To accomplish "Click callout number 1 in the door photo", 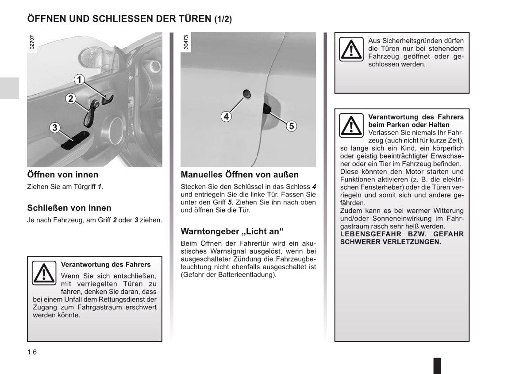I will [79, 80].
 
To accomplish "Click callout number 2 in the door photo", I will [70, 99].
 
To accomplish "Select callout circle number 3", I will [54, 128].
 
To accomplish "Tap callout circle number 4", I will [226, 116].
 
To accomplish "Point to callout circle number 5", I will [291, 126].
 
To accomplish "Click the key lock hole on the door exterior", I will [247, 93].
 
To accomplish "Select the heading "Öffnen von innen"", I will [63, 175].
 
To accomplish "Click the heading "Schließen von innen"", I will [69, 208].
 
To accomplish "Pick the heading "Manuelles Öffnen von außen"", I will [239, 175].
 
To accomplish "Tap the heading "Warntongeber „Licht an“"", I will [232, 231].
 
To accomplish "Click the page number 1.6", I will [32, 352].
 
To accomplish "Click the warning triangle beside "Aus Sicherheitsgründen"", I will [351, 50].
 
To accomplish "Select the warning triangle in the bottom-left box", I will [44, 273].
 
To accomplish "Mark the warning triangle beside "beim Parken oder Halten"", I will [351, 125].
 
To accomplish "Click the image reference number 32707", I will [32, 42].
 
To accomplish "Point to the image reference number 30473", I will [185, 42].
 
